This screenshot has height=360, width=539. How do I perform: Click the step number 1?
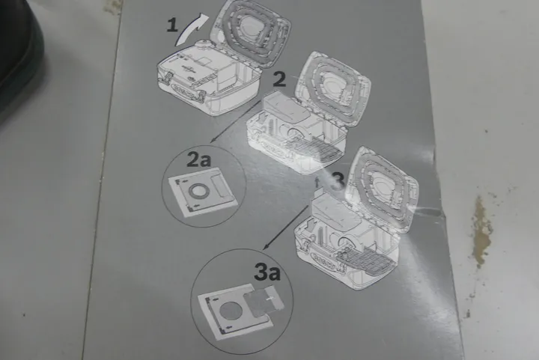click(x=172, y=26)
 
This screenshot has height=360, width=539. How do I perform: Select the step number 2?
click(x=279, y=79)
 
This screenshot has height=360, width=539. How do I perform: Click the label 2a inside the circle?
click(x=198, y=159)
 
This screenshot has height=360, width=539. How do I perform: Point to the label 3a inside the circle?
click(x=267, y=272)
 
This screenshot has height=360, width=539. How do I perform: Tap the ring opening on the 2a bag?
click(x=197, y=191)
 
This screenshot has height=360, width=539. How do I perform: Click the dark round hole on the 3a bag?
click(x=228, y=311)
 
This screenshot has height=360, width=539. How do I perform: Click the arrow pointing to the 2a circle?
click(x=236, y=121)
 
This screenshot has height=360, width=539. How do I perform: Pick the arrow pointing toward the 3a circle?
click(x=286, y=227)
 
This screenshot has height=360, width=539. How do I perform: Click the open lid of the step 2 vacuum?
click(x=332, y=88)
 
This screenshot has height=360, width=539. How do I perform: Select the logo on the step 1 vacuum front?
click(x=181, y=90)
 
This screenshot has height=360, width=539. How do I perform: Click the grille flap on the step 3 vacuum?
click(x=365, y=260)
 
